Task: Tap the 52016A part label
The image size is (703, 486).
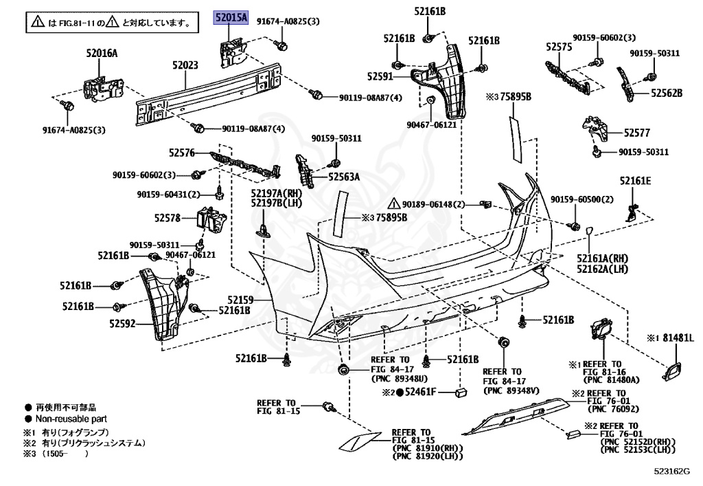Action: pyautogui.click(x=102, y=52)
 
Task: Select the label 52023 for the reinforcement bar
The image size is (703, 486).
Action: pyautogui.click(x=185, y=66)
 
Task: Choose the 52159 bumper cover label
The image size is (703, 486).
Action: pyautogui.click(x=240, y=300)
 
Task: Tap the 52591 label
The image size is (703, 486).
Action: pyautogui.click(x=380, y=77)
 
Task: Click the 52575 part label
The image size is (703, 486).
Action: pyautogui.click(x=559, y=47)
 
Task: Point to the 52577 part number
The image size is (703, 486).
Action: pyautogui.click(x=636, y=133)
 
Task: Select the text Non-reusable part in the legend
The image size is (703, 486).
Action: pyautogui.click(x=71, y=419)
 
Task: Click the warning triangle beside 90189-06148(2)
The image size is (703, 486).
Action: pyautogui.click(x=394, y=204)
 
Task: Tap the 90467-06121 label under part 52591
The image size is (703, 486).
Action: pyautogui.click(x=431, y=125)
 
